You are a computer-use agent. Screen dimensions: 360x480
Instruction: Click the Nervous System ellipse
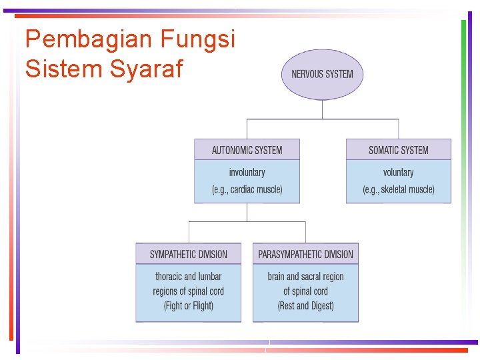[x=322, y=73]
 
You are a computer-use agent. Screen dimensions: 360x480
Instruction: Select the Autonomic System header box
[x=247, y=149]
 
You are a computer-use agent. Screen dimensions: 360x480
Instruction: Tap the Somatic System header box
[x=398, y=149]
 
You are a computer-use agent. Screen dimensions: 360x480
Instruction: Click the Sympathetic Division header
[x=188, y=254]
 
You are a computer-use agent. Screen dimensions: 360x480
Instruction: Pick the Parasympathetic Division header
[x=305, y=254]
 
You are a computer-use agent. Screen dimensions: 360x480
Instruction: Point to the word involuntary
[x=247, y=172]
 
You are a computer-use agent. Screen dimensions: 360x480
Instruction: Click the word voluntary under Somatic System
[x=398, y=172]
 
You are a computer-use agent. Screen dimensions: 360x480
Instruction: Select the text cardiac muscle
[x=255, y=189]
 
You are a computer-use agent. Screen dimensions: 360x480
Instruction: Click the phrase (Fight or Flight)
[x=188, y=306]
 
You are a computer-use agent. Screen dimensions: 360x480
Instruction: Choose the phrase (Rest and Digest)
[x=305, y=306]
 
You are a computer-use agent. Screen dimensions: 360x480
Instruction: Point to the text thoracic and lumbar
[x=188, y=276]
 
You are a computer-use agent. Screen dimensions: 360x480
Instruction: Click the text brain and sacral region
[x=305, y=276]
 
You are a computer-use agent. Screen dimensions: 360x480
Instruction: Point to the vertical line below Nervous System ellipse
[x=323, y=109]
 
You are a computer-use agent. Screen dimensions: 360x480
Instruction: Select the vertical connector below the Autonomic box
[x=247, y=212]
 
